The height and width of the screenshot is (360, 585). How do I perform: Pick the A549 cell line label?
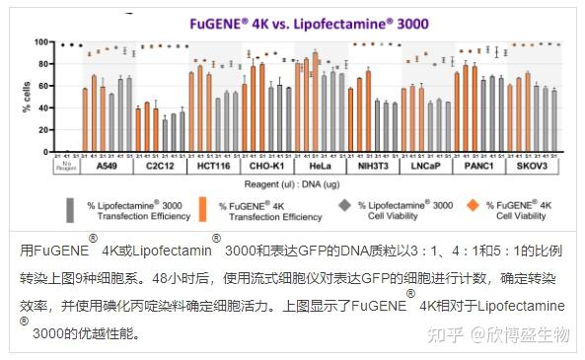click(x=106, y=167)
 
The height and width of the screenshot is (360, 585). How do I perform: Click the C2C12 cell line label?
click(x=160, y=167)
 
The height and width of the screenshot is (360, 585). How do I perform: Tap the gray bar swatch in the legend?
click(x=69, y=210)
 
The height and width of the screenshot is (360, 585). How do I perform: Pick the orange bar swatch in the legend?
click(x=201, y=210)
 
